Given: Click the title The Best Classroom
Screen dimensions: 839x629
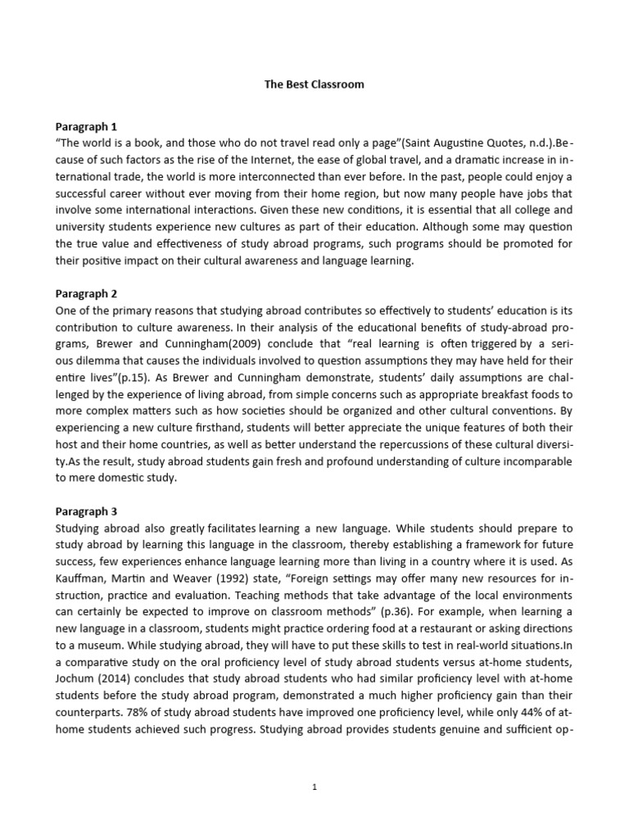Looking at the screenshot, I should (x=314, y=84).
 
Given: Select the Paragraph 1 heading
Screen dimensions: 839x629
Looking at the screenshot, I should (x=86, y=126).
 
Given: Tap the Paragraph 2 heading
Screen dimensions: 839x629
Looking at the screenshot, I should (x=86, y=293).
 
